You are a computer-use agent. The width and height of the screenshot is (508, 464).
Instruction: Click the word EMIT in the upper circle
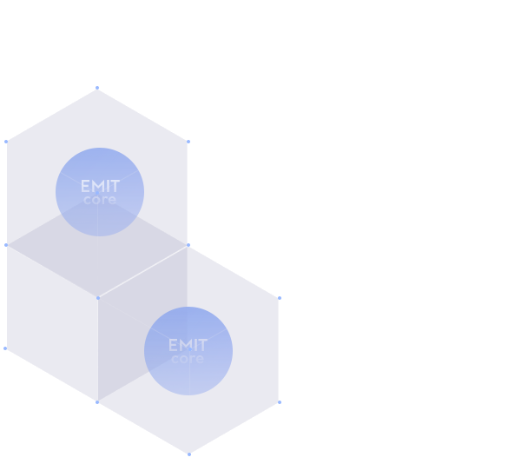tap(100, 186)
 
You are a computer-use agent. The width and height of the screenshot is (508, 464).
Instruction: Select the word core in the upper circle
tap(100, 199)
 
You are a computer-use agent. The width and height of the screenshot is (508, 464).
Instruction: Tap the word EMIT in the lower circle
tap(188, 345)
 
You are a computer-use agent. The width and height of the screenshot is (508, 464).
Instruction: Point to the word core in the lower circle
tap(188, 359)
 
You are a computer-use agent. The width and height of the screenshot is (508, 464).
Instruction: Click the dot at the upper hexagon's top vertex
tap(97, 88)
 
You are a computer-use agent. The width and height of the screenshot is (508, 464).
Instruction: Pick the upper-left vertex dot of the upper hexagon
tap(6, 142)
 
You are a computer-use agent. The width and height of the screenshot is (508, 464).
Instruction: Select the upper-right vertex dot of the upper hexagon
tap(188, 142)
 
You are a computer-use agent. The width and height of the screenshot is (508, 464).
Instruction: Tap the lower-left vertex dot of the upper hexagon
tap(6, 245)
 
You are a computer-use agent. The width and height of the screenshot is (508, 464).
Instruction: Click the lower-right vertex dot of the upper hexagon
tap(188, 245)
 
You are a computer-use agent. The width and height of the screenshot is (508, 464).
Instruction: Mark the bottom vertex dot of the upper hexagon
tap(98, 298)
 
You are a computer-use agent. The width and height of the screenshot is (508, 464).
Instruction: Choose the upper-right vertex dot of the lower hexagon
tap(280, 298)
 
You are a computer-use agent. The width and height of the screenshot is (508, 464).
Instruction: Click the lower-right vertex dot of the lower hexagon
tap(280, 402)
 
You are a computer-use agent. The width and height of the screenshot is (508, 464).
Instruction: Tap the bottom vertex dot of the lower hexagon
tap(189, 454)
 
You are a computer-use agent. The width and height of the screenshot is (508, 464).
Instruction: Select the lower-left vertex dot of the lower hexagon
tap(97, 402)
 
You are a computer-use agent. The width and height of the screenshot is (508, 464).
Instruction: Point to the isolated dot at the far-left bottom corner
tap(5, 348)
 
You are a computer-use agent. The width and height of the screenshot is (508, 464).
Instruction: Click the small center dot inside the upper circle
tap(97, 193)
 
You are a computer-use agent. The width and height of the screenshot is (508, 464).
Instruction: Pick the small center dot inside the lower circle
tap(190, 349)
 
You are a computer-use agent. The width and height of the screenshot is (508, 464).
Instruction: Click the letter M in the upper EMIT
tap(98, 186)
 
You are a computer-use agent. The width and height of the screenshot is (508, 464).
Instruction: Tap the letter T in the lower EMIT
tap(202, 345)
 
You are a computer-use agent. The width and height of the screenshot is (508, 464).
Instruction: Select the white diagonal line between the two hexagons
tap(143, 271)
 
